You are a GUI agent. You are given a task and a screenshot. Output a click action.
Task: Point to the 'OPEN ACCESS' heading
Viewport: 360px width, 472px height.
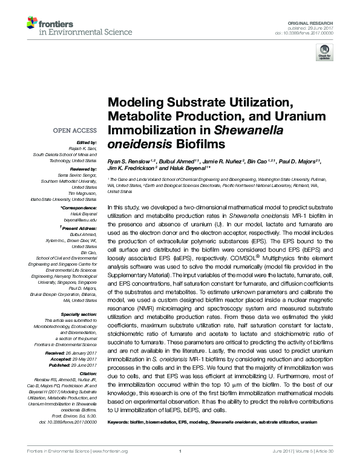click(x=76, y=131)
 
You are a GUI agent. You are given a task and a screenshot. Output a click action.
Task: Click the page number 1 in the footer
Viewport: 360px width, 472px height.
click(x=180, y=467)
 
